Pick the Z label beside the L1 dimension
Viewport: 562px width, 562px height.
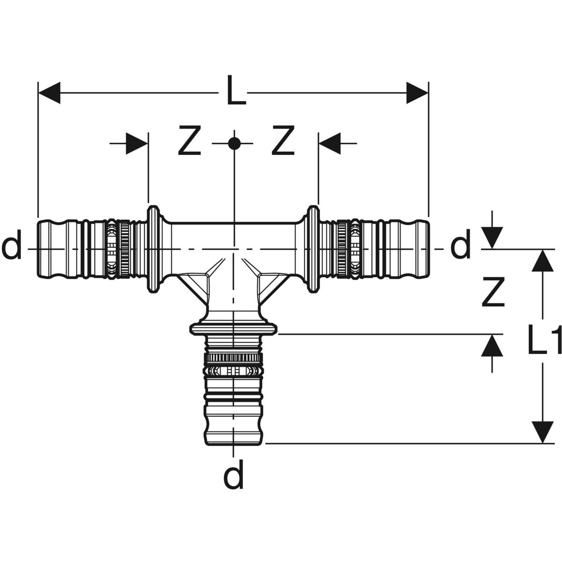tap(492, 292)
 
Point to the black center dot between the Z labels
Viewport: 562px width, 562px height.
tap(233, 143)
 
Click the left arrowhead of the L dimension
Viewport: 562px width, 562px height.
tap(49, 93)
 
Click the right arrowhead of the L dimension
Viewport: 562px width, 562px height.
tap(417, 93)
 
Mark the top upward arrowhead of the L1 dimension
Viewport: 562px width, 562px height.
tap(543, 260)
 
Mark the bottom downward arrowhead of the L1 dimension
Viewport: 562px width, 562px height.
tap(543, 432)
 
